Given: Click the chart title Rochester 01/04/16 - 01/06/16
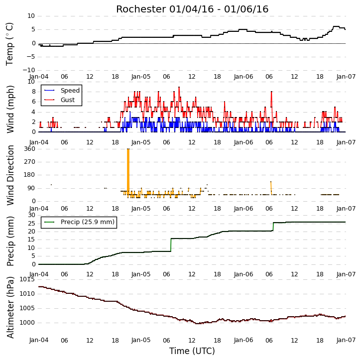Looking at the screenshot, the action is (192, 9).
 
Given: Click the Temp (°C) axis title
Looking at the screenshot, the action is (9, 44).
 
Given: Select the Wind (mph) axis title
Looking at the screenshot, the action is (10, 109).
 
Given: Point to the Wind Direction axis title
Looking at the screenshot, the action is (10, 175).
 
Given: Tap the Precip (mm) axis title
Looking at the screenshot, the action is (10, 241).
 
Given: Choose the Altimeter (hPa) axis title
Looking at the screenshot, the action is (10, 307).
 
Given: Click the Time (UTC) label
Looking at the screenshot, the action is (192, 351).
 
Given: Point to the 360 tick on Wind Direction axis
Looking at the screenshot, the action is (30, 149).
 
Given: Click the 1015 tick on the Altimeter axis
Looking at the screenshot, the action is (27, 279).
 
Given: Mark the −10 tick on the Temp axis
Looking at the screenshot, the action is (29, 70).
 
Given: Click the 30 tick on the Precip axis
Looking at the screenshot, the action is (31, 215).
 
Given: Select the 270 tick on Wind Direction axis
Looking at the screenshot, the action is (30, 162).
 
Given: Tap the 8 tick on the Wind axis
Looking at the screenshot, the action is (34, 92).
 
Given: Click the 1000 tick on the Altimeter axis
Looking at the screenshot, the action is (27, 323).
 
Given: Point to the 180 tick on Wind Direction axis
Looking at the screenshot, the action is (30, 175).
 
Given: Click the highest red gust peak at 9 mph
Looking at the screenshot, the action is (179, 87).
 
